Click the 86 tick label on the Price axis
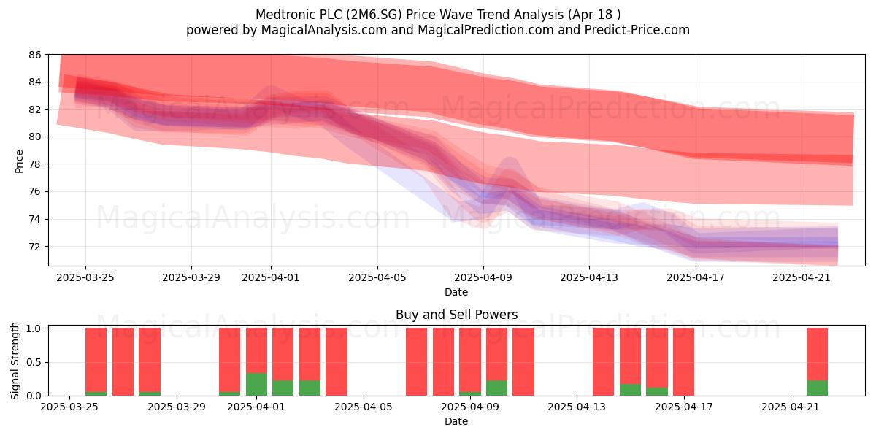point(35,55)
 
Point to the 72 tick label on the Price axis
point(35,247)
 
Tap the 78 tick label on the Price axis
point(35,164)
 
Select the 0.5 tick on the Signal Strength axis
point(34,362)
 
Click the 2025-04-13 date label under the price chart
point(589,277)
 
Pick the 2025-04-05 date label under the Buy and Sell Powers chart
point(364,407)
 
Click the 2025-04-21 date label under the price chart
point(802,277)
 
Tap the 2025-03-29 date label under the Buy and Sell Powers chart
point(177,407)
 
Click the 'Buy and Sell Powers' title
point(456,315)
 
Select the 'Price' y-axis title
point(19,161)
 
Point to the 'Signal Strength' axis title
point(15,361)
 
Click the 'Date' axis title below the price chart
point(456,292)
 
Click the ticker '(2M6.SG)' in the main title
point(374,15)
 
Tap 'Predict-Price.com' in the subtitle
point(637,30)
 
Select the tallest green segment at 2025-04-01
point(256,385)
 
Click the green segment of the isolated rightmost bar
point(818,388)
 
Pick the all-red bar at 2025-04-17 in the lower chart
point(683,362)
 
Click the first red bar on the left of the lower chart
point(96,360)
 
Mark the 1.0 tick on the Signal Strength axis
point(34,328)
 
